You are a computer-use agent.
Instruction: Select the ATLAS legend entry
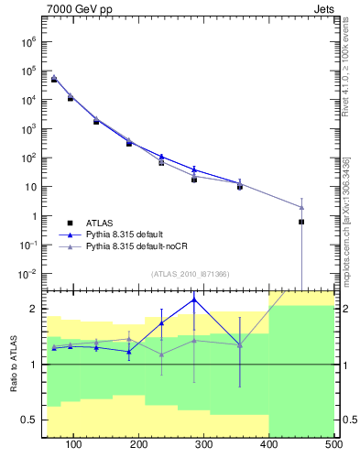click(98, 222)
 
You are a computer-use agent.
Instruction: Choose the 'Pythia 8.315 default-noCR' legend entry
click(138, 246)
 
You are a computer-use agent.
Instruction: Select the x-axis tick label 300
click(268, 445)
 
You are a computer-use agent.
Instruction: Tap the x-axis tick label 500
click(333, 445)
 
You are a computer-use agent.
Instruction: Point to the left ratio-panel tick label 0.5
click(29, 420)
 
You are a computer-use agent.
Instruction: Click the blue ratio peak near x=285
click(194, 300)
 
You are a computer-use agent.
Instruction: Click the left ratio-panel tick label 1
click(33, 365)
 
